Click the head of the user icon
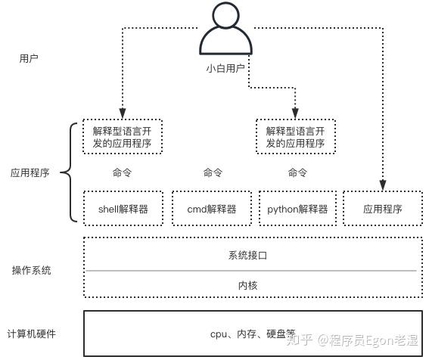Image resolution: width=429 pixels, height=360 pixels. (x=226, y=14)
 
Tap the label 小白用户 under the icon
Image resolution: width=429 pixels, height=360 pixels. (x=225, y=68)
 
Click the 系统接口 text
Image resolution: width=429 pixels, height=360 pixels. (x=247, y=255)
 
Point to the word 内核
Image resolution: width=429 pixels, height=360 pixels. (x=248, y=286)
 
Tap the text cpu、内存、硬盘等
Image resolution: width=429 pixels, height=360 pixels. (x=253, y=334)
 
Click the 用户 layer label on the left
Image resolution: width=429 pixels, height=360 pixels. (x=29, y=58)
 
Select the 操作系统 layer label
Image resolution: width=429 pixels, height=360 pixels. (x=32, y=270)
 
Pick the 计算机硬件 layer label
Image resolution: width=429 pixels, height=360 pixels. (x=31, y=334)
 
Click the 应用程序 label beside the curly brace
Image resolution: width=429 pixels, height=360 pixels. (x=30, y=172)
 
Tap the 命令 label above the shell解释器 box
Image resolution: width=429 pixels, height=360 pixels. (x=122, y=172)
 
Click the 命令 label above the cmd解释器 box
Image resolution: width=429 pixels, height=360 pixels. (x=213, y=172)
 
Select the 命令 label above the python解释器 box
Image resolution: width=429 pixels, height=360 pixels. (x=297, y=172)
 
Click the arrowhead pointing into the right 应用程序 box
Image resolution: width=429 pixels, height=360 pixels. (x=383, y=185)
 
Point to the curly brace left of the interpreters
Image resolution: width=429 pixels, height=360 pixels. (x=70, y=172)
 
